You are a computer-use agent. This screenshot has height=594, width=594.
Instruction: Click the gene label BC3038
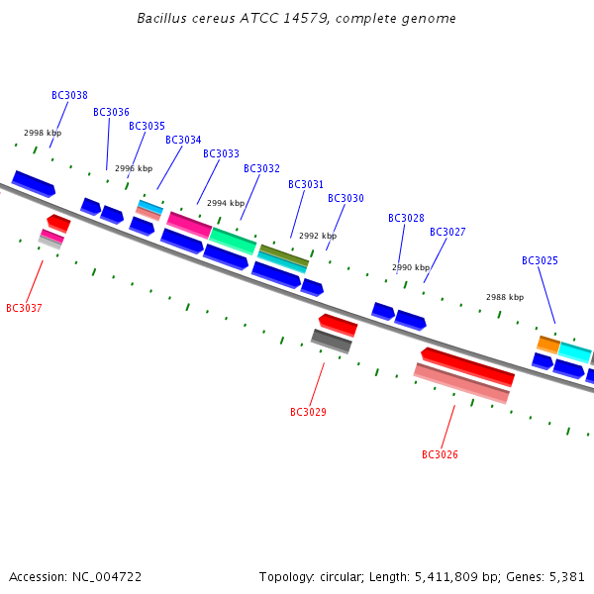click(x=69, y=95)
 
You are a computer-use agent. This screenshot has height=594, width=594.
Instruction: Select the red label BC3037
click(x=24, y=308)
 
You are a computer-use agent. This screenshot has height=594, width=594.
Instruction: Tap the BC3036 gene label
click(x=111, y=112)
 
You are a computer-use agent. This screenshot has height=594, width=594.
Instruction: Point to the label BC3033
click(x=221, y=153)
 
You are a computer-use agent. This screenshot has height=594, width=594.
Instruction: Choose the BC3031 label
click(x=306, y=184)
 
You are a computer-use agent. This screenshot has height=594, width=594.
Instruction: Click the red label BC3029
click(x=308, y=412)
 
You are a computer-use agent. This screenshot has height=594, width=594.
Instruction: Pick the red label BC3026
click(x=440, y=454)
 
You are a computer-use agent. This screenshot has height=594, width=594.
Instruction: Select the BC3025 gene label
click(x=540, y=260)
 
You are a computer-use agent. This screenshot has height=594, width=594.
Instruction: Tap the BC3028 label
click(x=406, y=218)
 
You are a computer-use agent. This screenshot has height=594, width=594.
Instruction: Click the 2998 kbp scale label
click(x=43, y=133)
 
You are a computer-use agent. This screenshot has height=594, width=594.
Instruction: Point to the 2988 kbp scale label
click(x=505, y=297)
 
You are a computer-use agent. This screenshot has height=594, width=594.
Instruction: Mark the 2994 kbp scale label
click(x=226, y=203)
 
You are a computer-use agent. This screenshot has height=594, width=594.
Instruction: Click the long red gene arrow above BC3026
click(x=468, y=366)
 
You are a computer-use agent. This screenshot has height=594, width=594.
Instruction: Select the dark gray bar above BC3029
click(x=332, y=341)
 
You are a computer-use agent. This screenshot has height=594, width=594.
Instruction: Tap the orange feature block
click(x=548, y=345)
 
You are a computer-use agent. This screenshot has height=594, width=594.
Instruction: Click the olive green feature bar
click(x=284, y=255)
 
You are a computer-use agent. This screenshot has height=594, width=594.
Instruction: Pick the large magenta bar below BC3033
click(x=189, y=225)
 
